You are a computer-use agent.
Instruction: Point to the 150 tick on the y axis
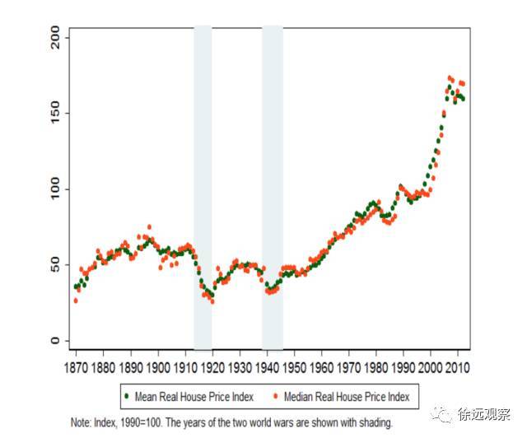(x=54, y=114)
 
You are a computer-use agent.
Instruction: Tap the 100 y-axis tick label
(x=54, y=189)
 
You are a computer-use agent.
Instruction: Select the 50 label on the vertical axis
(x=54, y=265)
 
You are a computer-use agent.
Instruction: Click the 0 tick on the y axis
(x=54, y=341)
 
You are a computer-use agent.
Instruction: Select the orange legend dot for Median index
(x=274, y=396)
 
